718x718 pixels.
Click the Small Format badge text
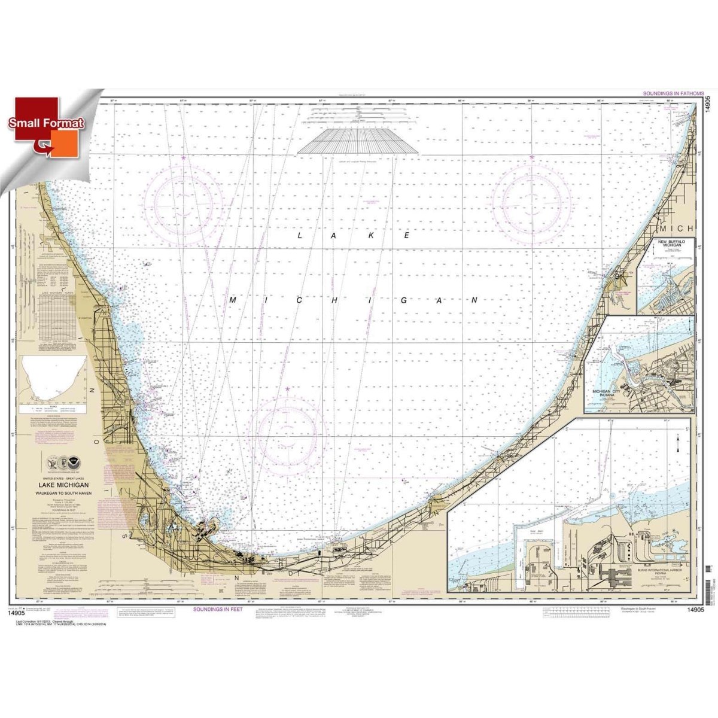pyautogui.click(x=46, y=123)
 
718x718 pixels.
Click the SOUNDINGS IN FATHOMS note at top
pyautogui.click(x=671, y=95)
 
